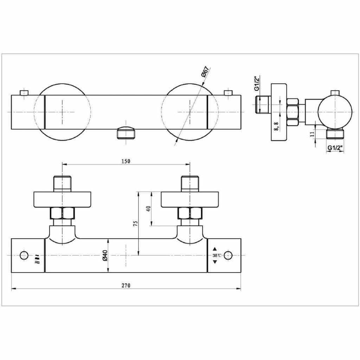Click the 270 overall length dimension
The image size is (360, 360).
coord(126,285)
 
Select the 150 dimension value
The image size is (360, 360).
coord(126,161)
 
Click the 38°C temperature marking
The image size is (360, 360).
coord(217,256)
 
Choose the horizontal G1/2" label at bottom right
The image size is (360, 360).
coord(335,148)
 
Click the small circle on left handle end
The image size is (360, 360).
coord(24,255)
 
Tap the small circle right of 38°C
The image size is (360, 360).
coord(229,255)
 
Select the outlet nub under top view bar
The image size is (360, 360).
coord(126,133)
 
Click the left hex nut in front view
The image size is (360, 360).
coord(62,213)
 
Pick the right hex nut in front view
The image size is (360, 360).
coord(190,213)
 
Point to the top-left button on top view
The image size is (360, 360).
coord(24,92)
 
